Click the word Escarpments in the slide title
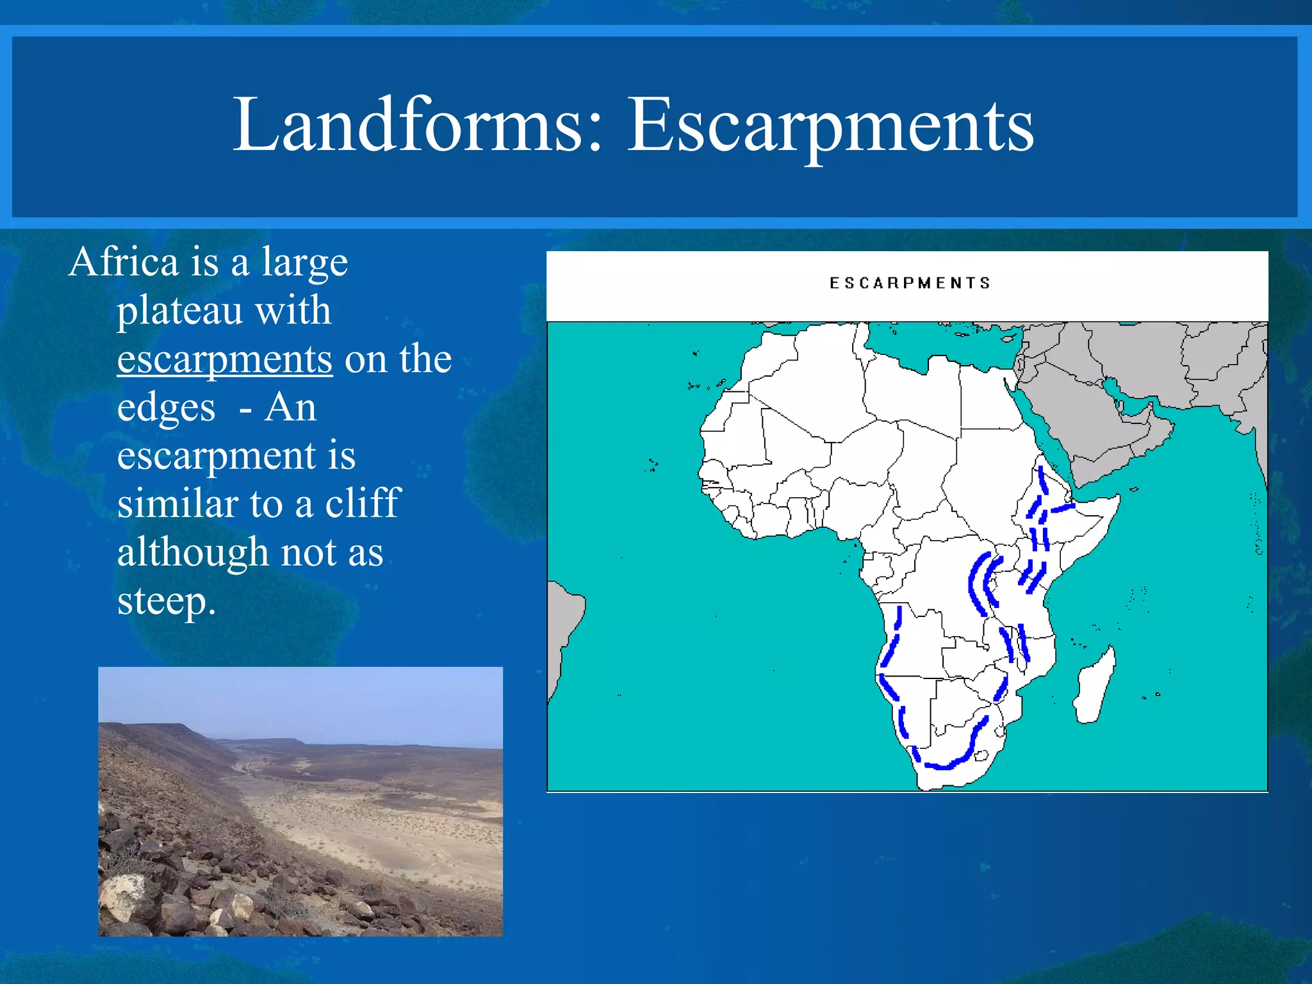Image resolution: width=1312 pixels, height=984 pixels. [830, 124]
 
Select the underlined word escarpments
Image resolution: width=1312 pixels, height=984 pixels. [224, 359]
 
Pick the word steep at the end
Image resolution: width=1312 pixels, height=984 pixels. [163, 601]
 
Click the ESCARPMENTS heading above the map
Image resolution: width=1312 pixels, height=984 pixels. [909, 283]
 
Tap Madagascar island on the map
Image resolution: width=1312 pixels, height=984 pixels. [1095, 685]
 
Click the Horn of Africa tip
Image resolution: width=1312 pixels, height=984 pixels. [1115, 499]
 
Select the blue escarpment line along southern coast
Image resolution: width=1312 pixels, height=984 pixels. [948, 762]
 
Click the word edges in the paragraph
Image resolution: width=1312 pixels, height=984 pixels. [166, 407]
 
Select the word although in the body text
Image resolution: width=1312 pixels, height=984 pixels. [193, 552]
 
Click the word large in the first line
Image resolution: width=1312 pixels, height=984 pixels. [304, 262]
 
